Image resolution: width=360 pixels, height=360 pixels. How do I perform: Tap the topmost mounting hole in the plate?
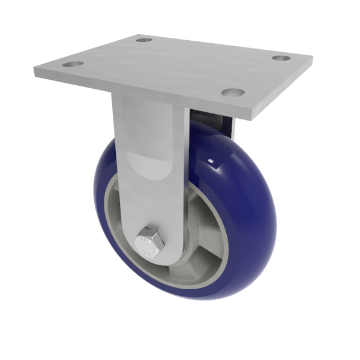coord(144,40)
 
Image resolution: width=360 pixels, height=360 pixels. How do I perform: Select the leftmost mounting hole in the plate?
coord(73,64)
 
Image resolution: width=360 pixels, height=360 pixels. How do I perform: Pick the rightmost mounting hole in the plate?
coord(281,58)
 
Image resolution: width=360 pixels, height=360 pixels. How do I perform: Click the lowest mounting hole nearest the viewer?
coord(233,92)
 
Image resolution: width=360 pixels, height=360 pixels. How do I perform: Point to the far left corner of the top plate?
coord(35,71)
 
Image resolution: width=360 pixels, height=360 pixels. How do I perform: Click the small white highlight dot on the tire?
coord(211,161)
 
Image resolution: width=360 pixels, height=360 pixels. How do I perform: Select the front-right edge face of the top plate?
coord(282,90)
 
